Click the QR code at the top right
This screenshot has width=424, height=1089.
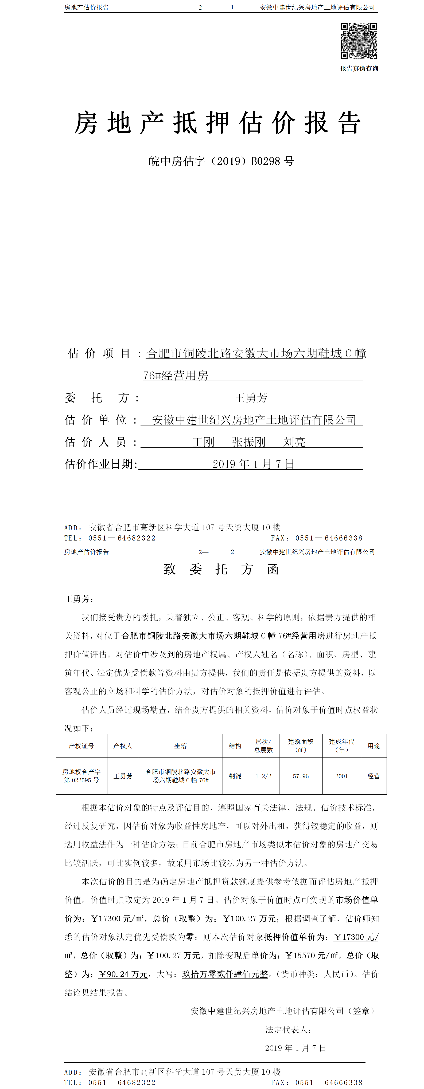[359, 41]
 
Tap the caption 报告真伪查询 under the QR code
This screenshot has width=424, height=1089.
[359, 69]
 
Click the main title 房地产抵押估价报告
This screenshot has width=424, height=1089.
[217, 123]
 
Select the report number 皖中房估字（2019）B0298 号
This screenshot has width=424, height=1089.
[221, 161]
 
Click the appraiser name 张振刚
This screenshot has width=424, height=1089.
[248, 442]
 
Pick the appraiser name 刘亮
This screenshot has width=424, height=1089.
[294, 442]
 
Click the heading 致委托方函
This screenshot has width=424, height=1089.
[221, 569]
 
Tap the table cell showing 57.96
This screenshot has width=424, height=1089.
[301, 776]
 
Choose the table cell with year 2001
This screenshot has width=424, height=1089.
[341, 776]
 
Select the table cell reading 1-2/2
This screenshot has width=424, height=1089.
[263, 776]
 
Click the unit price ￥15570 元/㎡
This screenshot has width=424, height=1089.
[312, 956]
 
